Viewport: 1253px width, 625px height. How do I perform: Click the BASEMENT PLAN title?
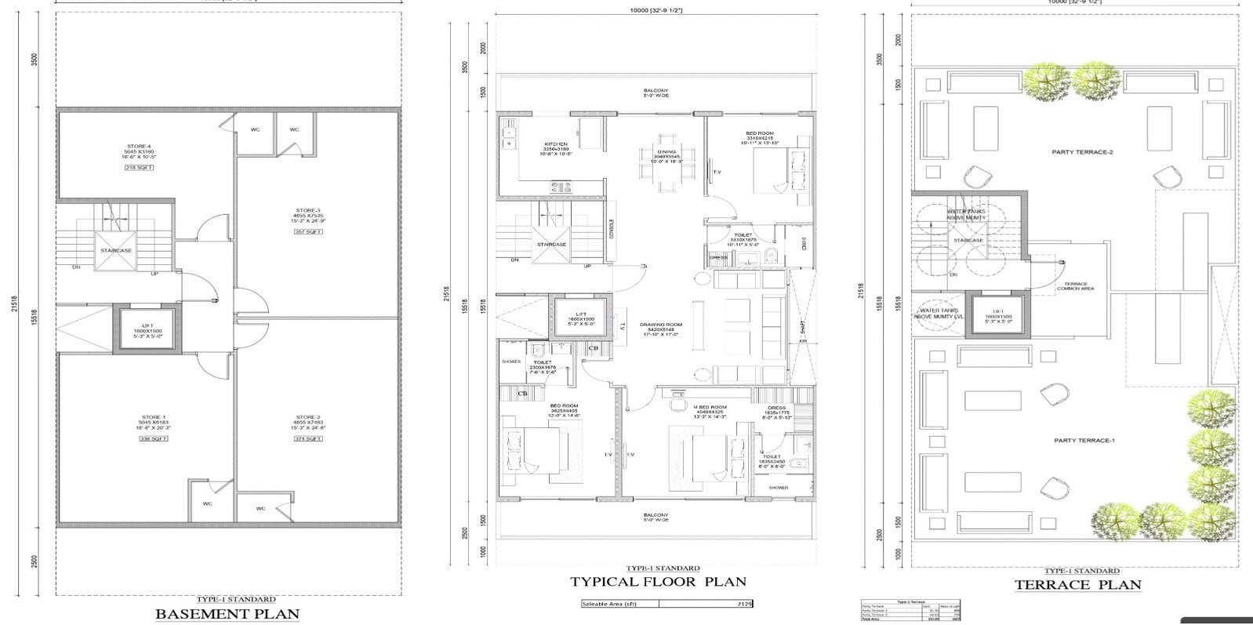click(227, 613)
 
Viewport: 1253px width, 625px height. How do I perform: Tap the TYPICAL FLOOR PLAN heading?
click(658, 582)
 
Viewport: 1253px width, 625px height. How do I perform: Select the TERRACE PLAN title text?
click(1078, 585)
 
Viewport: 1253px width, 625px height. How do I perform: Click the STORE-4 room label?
click(138, 146)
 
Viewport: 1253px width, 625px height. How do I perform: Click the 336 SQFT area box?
click(154, 439)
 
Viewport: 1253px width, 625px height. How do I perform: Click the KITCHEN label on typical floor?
click(556, 144)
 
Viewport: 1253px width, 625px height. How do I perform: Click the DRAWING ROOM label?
click(661, 325)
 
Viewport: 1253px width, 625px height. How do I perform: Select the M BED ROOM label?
click(710, 407)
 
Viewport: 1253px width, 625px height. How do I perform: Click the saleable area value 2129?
click(746, 604)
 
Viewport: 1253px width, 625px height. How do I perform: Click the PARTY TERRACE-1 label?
click(1084, 441)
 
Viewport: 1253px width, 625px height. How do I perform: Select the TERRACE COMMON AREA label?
click(1080, 286)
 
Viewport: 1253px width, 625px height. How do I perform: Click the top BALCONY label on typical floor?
click(656, 91)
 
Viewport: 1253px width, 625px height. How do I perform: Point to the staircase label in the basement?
click(115, 251)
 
